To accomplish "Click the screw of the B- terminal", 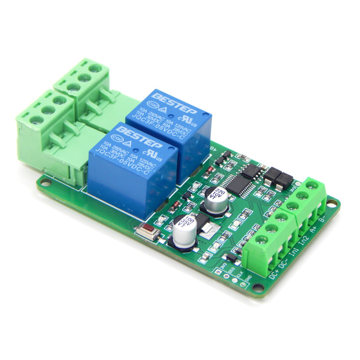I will pyautogui.click(x=310, y=185).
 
